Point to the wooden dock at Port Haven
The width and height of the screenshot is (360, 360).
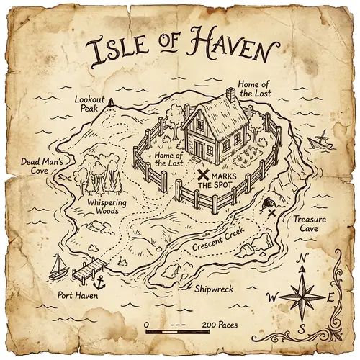[86, 271]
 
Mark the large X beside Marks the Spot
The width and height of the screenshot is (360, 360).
[204, 174]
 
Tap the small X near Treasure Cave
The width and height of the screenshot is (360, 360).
[272, 212]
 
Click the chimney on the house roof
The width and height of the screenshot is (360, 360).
[230, 94]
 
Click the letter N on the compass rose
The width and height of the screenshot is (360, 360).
[303, 259]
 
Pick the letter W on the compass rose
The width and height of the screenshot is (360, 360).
[271, 297]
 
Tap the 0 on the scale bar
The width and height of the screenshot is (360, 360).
[147, 325]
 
